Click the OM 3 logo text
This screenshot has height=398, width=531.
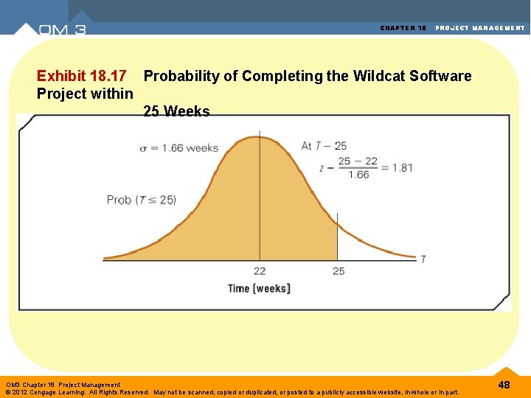tap(62, 29)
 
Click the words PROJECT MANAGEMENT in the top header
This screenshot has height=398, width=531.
tap(480, 28)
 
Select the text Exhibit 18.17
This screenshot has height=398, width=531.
tap(81, 76)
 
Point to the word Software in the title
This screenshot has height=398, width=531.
tap(441, 76)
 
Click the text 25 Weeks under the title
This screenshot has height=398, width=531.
tap(176, 111)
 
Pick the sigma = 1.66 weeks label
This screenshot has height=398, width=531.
tap(179, 147)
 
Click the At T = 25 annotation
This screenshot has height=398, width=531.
tap(324, 146)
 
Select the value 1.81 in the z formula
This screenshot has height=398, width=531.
tap(402, 167)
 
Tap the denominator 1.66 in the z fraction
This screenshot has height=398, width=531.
tap(358, 175)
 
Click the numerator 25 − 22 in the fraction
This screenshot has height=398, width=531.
tap(358, 161)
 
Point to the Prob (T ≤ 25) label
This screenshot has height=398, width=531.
tap(142, 200)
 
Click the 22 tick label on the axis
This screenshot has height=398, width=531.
tap(260, 271)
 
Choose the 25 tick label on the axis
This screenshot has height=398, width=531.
tap(339, 271)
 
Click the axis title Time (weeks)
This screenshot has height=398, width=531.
tap(259, 288)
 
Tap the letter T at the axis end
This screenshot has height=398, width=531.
tap(423, 259)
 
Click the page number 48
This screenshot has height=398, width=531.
tap(504, 385)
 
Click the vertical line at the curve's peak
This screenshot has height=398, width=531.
tap(259, 199)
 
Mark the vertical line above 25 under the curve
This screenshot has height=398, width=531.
tap(337, 236)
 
